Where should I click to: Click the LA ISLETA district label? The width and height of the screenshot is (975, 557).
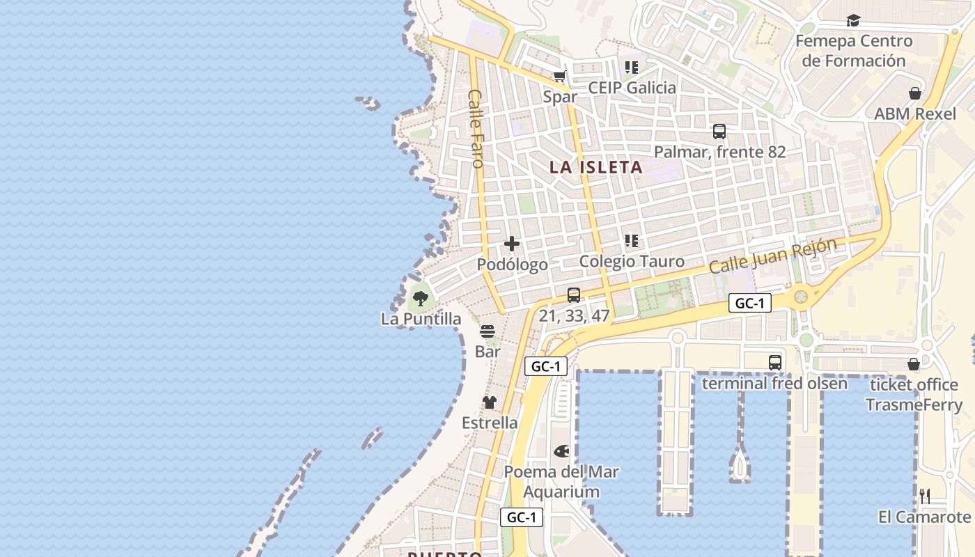595,168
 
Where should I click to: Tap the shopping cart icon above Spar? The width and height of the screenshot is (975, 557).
560,76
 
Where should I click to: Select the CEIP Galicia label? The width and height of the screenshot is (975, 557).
632,88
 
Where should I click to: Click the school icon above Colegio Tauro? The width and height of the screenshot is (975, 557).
632,242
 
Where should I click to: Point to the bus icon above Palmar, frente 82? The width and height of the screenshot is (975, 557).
719,132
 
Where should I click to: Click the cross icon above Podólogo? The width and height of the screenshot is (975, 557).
512,244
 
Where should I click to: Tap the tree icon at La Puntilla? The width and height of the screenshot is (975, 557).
420,299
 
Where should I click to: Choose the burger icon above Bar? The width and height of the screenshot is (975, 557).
487,331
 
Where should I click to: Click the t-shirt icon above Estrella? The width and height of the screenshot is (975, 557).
490,402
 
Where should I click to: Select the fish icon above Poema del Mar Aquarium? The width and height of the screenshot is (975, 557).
561,451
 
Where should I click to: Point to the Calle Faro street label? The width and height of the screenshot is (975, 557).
476,129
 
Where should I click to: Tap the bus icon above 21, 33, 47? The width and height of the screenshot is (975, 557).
574,295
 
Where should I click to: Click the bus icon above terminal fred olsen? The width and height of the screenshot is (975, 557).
775,363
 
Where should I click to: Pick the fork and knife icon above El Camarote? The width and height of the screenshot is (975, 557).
925,496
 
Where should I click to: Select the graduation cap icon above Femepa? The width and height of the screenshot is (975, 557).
853,21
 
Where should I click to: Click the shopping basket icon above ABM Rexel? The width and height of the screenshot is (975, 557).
915,93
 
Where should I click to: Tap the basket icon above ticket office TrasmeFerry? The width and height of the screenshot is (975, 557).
914,364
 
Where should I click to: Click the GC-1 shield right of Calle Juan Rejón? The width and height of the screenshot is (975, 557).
750,303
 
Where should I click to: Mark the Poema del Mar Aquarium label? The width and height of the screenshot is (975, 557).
561,481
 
